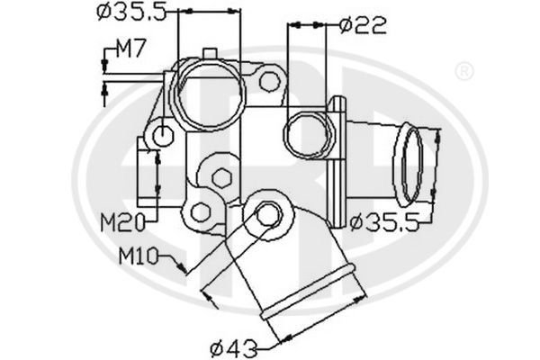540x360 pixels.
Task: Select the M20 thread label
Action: coord(121,221)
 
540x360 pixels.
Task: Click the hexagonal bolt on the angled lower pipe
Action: coord(265,216)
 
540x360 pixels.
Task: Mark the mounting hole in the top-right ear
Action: coord(268,81)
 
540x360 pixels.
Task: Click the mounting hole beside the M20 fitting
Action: coord(163,136)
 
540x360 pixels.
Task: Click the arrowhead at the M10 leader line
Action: coord(186,268)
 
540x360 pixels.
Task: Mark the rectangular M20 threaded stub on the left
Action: coord(144,171)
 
